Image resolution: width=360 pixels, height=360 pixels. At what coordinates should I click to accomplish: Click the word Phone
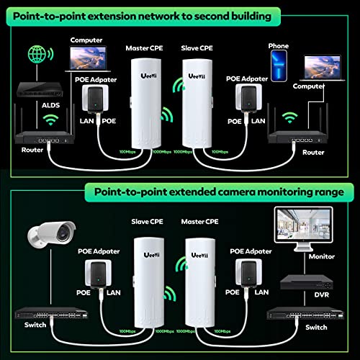278,45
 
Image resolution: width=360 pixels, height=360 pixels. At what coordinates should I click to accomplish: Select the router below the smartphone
300,134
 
